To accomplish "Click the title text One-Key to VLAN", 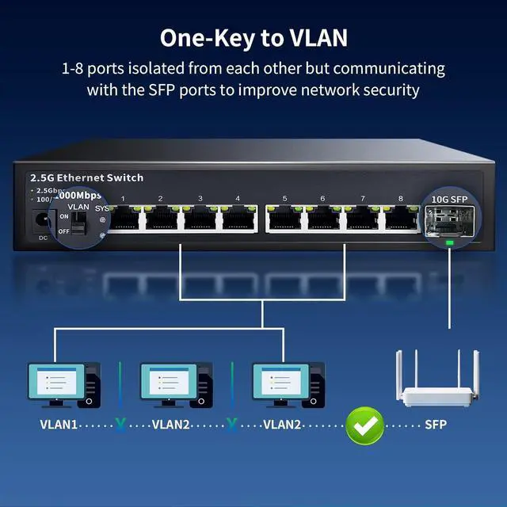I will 253,37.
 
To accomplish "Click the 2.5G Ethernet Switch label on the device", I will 86,177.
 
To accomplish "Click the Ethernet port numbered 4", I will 238,219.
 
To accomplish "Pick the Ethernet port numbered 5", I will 284,219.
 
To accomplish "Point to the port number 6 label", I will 322,198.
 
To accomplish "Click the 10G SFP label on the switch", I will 448,198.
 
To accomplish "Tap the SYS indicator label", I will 101,208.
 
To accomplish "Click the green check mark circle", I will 364,425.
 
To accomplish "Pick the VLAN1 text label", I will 59,425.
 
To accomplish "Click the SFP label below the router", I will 436,425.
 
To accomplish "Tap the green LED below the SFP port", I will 450,243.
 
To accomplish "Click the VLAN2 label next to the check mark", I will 281,425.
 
